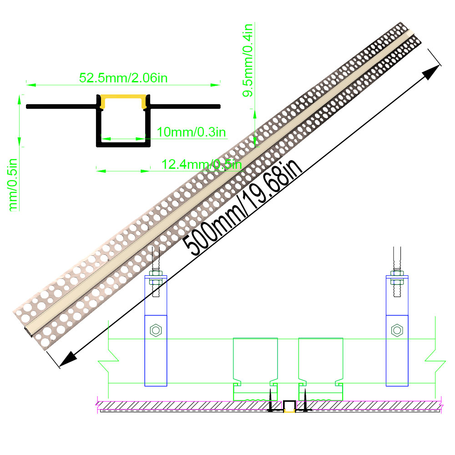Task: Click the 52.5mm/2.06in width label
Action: point(124,78)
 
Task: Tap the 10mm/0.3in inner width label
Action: point(191,132)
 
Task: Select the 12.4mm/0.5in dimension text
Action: point(202,164)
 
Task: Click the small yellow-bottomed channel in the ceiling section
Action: point(288,406)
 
